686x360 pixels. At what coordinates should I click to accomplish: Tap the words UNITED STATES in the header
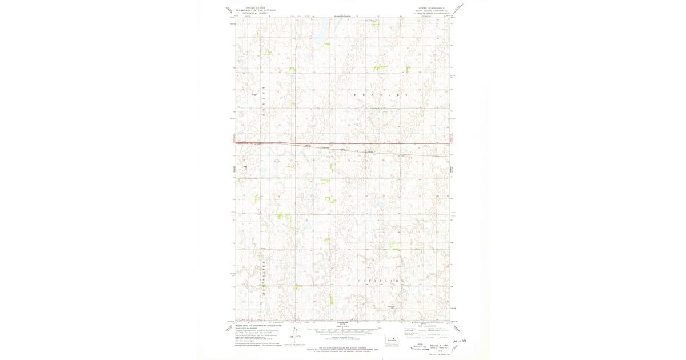click(255, 7)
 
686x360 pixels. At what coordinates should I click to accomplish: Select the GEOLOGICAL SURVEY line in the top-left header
click(255, 13)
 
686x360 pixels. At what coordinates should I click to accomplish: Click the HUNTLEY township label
click(381, 94)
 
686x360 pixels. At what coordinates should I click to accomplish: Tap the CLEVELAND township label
click(381, 281)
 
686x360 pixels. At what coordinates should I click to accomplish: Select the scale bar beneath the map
click(343, 330)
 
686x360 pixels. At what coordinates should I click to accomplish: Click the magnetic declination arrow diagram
click(296, 338)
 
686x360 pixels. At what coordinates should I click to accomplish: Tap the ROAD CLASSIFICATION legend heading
click(433, 326)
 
